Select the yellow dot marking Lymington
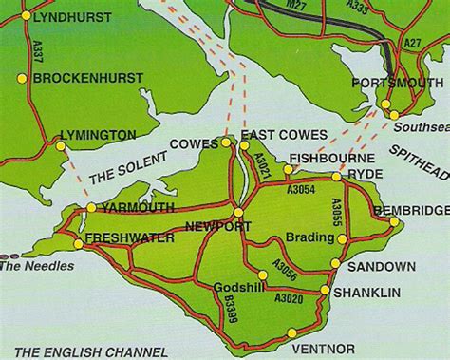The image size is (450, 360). (x=60, y=147)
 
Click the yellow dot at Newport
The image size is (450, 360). (x=237, y=211)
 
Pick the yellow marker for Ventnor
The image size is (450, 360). (x=292, y=332)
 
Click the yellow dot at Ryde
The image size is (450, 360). (x=336, y=176)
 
